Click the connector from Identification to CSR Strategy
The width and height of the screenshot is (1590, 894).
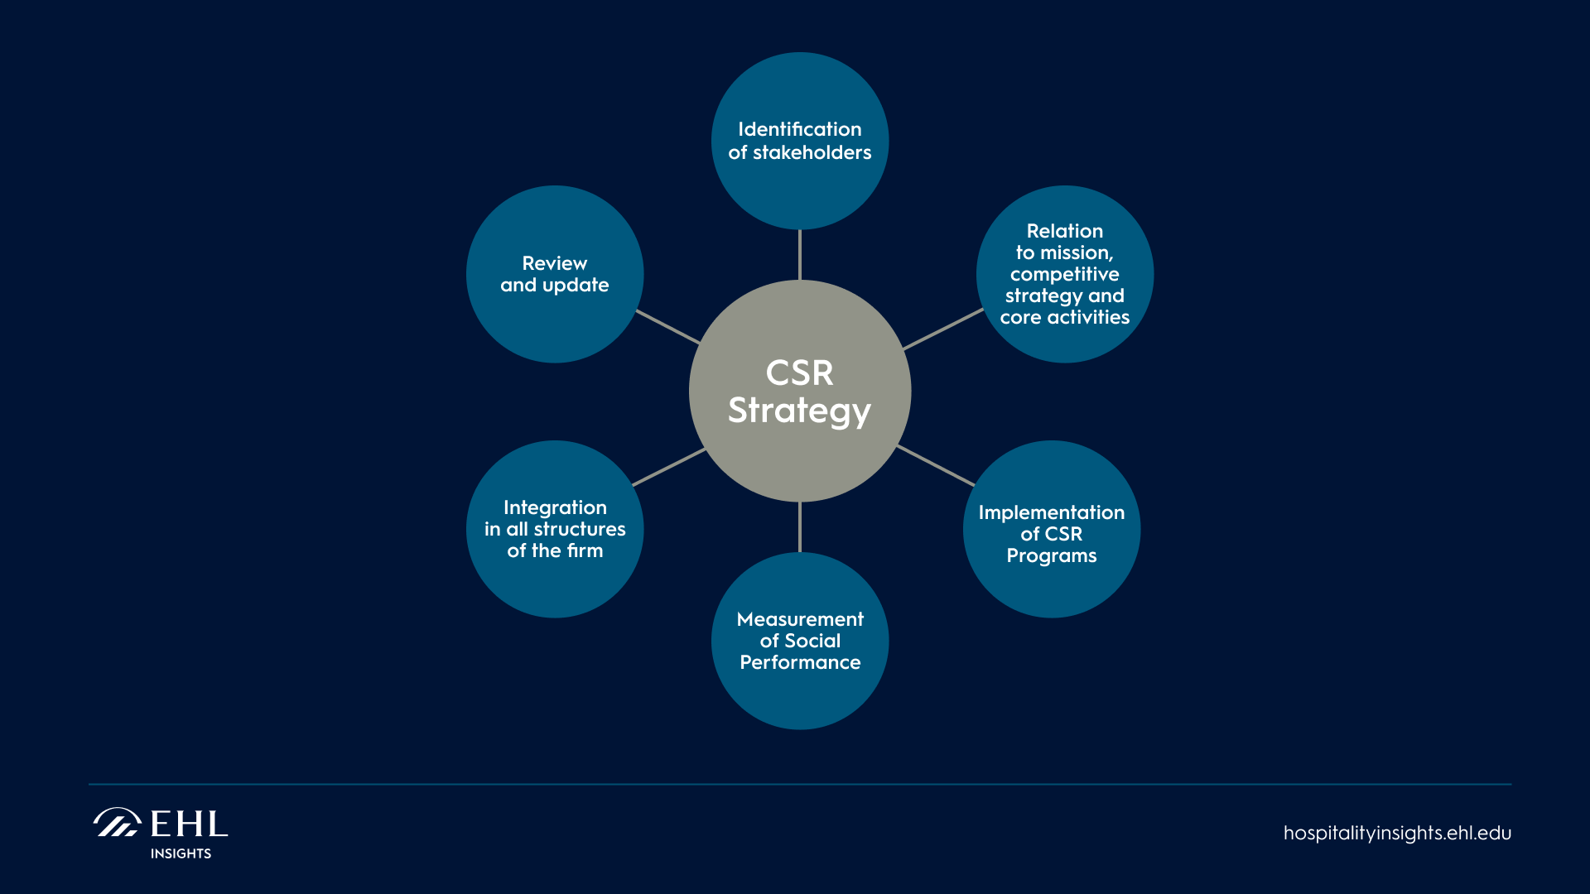click(800, 255)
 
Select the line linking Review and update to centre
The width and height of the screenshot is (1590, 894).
click(668, 327)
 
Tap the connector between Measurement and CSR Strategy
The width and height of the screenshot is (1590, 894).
click(800, 527)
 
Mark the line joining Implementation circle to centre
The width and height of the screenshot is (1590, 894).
click(936, 465)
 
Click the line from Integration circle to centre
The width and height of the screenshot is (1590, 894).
click(668, 468)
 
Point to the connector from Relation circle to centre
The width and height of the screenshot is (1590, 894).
click(943, 329)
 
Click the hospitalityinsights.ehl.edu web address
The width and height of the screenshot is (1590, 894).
click(1397, 834)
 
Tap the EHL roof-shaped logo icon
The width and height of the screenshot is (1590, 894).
click(117, 823)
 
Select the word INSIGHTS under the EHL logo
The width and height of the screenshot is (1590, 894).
click(181, 853)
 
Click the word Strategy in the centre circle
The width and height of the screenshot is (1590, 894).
click(799, 411)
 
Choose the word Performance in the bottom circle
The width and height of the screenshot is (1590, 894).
click(800, 663)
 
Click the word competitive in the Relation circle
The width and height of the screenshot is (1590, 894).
click(1064, 275)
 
